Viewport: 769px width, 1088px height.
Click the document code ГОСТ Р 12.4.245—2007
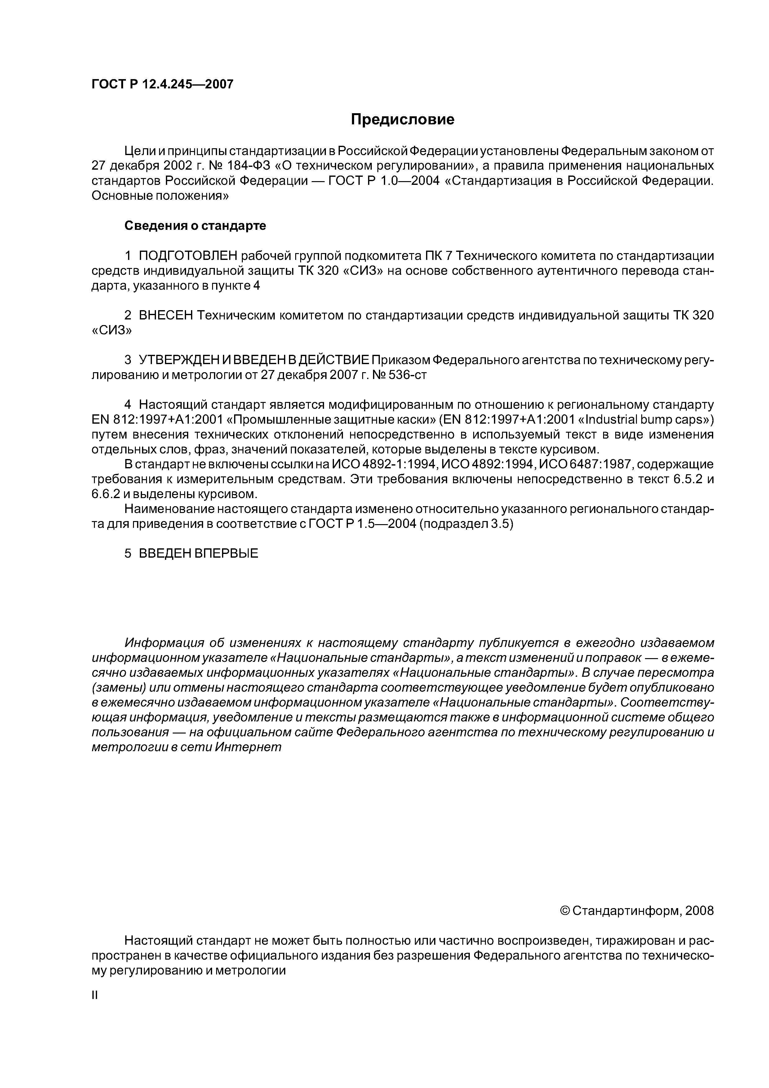(x=162, y=84)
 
